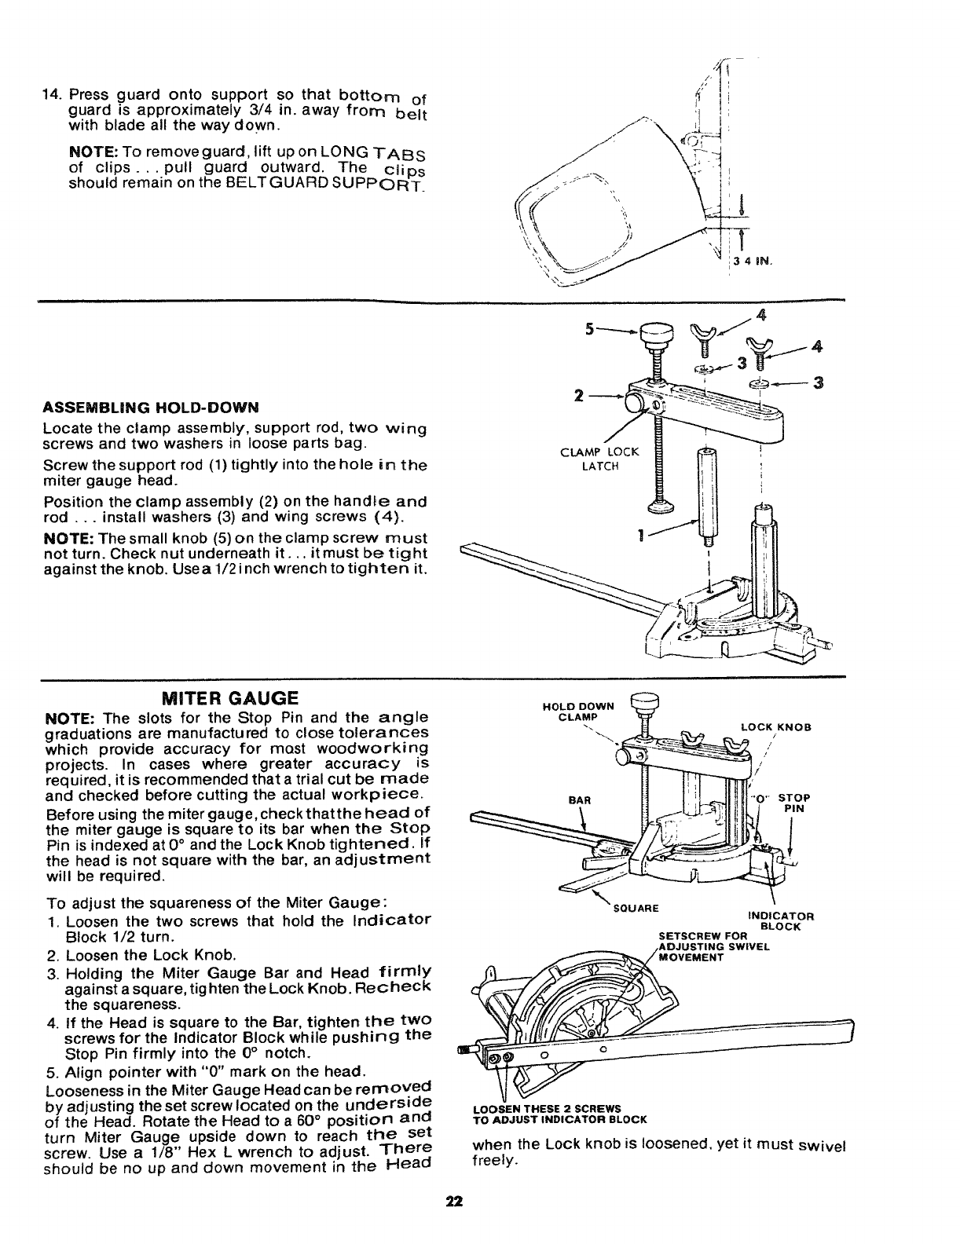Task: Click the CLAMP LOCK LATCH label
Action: coord(599,458)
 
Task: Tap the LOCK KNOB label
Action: coord(775,726)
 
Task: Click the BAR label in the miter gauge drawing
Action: coord(578,800)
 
